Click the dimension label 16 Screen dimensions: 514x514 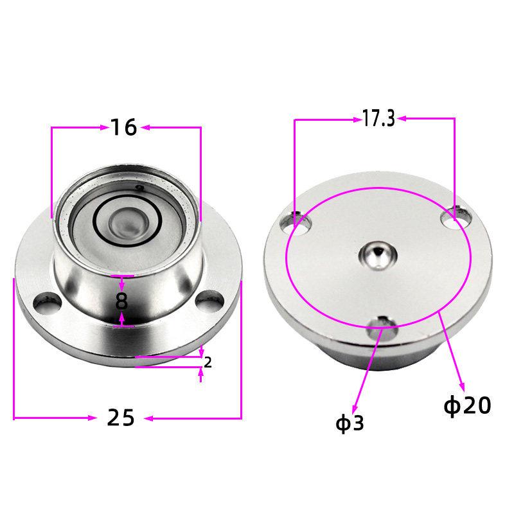point(123,127)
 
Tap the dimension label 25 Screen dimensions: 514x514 point(121,418)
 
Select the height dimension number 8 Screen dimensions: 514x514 point(122,301)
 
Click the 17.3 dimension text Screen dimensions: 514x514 point(378,118)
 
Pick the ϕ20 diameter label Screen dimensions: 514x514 point(468,405)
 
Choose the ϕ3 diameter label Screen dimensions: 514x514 point(350,423)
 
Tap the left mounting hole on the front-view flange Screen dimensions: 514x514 point(45,299)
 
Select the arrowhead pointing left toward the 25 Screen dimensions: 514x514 point(149,418)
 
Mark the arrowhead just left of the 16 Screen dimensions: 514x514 point(103,127)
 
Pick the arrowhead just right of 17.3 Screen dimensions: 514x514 point(403,118)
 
